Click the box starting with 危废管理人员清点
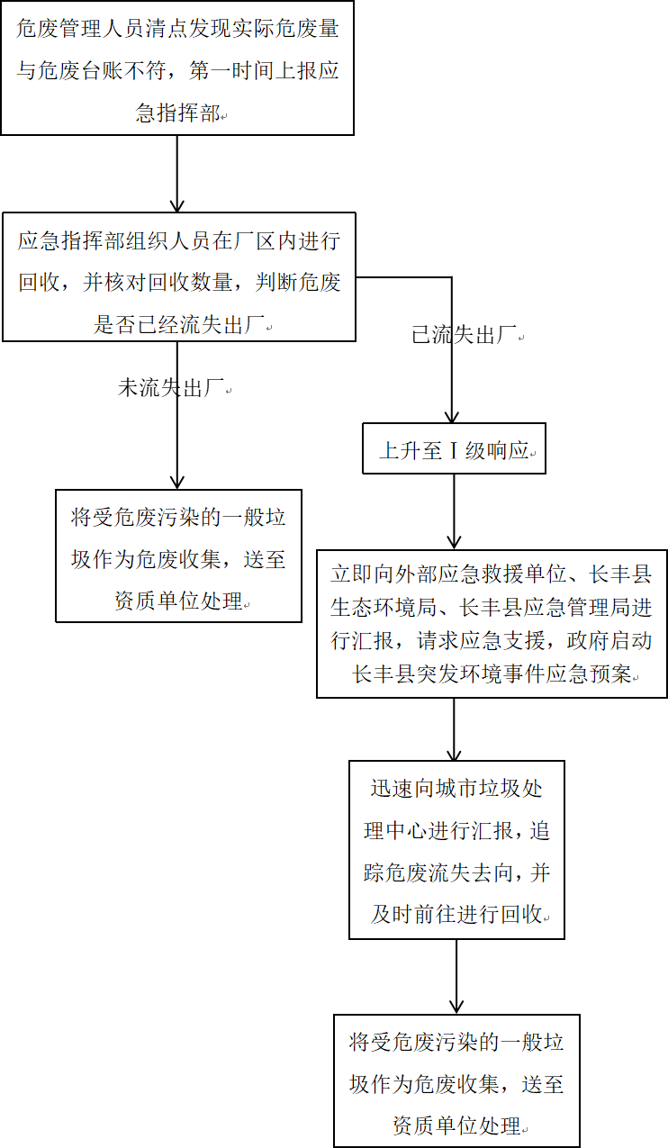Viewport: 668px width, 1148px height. pyautogui.click(x=177, y=68)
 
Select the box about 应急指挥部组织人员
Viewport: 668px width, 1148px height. pyautogui.click(x=179, y=276)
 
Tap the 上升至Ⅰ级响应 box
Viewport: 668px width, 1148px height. pyautogui.click(x=454, y=447)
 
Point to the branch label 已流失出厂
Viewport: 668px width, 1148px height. pyautogui.click(x=465, y=335)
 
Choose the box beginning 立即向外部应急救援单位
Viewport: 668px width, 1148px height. pyautogui.click(x=492, y=624)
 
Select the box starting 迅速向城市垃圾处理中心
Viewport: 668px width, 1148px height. pyautogui.click(x=456, y=850)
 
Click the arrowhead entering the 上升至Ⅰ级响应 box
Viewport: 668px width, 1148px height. pyautogui.click(x=451, y=417)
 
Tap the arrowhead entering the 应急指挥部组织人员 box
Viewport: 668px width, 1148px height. pyautogui.click(x=176, y=206)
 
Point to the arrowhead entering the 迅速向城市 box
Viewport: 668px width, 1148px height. pyautogui.click(x=454, y=755)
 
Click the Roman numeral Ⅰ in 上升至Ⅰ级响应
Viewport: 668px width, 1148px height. pyautogui.click(x=454, y=450)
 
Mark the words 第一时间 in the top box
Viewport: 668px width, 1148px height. pyautogui.click(x=231, y=70)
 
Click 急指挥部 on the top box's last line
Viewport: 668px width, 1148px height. pyautogui.click(x=177, y=113)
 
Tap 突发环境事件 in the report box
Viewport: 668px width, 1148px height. pyautogui.click(x=481, y=673)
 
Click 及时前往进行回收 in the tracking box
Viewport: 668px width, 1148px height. pyautogui.click(x=456, y=914)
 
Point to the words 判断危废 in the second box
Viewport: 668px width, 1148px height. pyautogui.click(x=298, y=283)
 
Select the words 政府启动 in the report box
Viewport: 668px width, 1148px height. pyautogui.click(x=609, y=640)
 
